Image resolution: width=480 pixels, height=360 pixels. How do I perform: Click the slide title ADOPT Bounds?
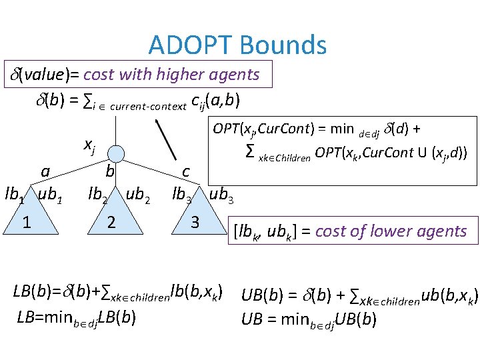click(x=237, y=45)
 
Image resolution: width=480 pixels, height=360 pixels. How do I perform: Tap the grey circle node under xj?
click(x=117, y=152)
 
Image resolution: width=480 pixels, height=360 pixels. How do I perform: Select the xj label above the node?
click(x=88, y=143)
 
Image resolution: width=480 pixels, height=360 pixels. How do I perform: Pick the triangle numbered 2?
click(x=112, y=221)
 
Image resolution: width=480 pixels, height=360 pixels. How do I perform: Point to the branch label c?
click(x=186, y=171)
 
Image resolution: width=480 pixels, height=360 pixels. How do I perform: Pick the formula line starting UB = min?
click(x=309, y=319)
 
